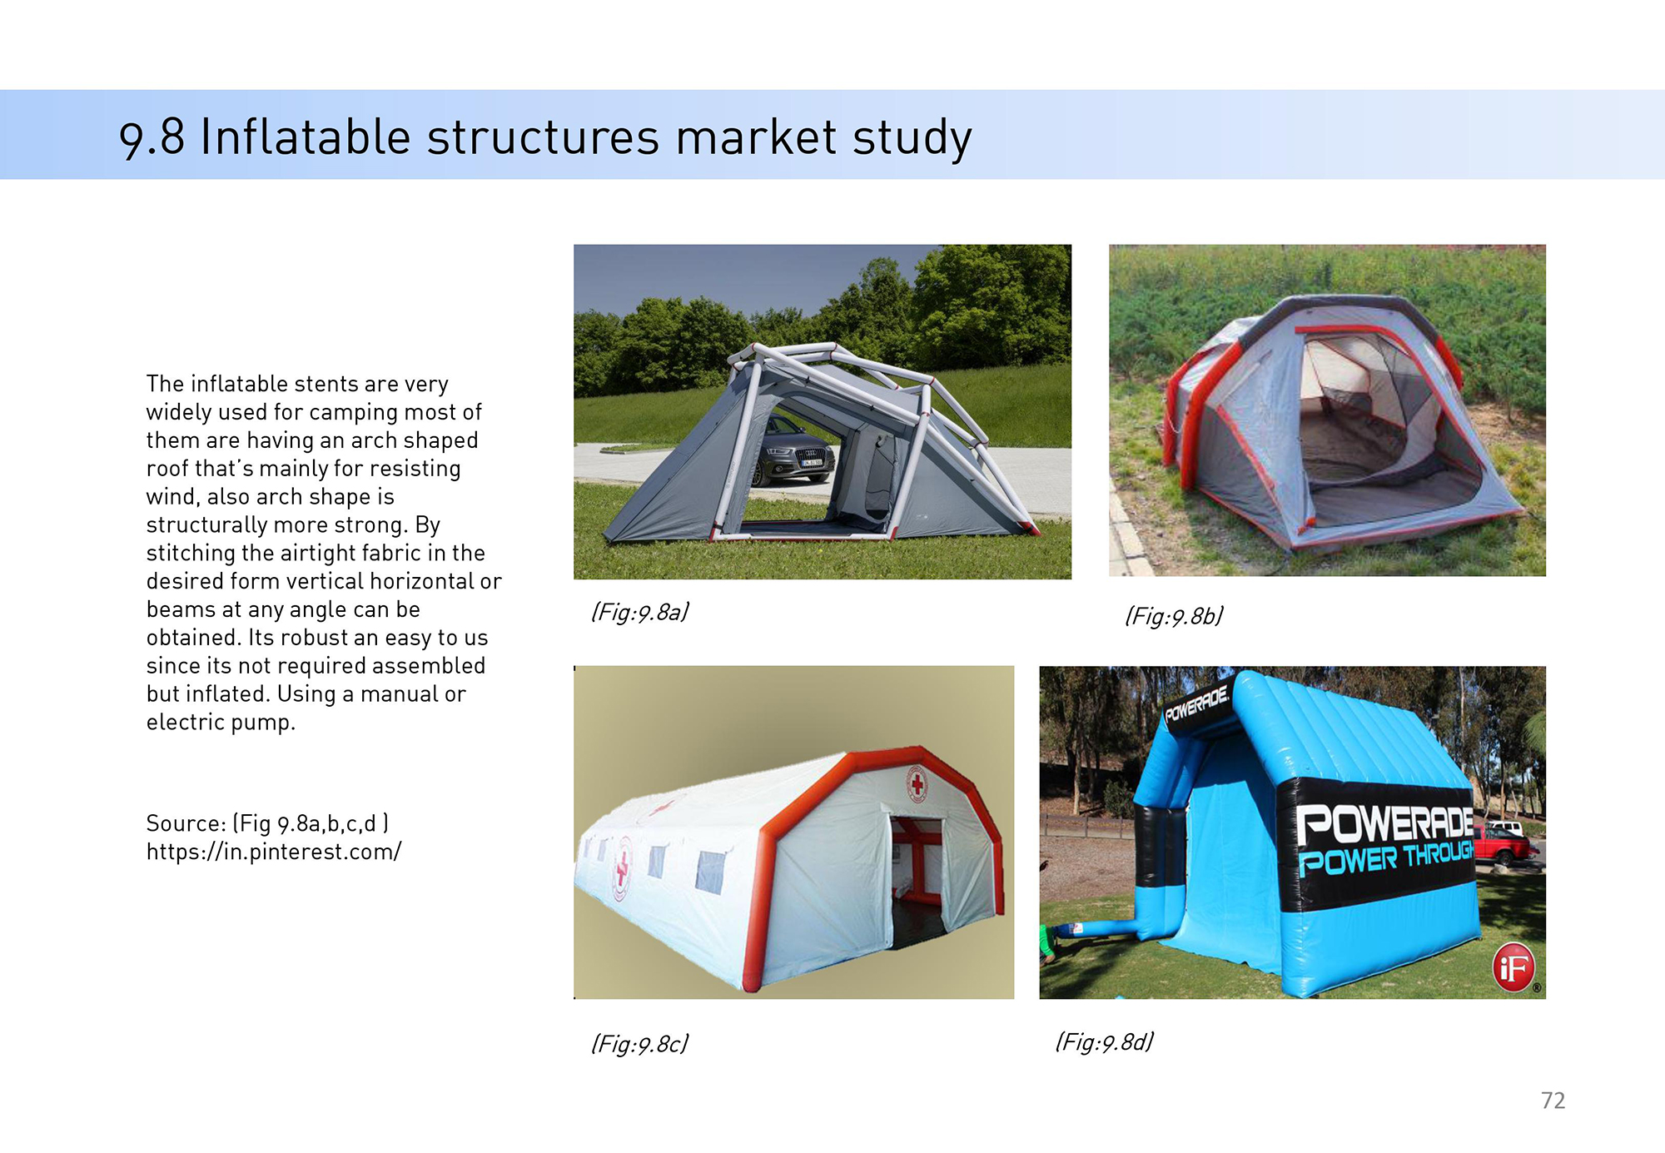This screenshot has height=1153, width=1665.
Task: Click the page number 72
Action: pos(1553,1101)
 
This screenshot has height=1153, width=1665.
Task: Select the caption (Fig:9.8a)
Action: pos(640,613)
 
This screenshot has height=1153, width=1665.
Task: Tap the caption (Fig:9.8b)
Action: pos(1174,616)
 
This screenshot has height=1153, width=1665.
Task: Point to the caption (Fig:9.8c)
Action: pos(640,1044)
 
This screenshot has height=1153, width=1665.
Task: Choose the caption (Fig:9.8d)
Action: pos(1105,1042)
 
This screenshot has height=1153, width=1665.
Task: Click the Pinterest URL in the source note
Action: pos(274,852)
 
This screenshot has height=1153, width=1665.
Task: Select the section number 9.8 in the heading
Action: pos(152,138)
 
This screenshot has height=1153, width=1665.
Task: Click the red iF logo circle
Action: pos(1513,967)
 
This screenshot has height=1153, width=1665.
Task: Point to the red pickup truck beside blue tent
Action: pos(1508,844)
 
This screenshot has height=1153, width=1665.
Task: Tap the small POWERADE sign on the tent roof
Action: pos(1196,703)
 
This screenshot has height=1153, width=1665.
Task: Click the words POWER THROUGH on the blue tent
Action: pos(1386,859)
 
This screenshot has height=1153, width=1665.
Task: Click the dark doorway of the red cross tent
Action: pos(917,882)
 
